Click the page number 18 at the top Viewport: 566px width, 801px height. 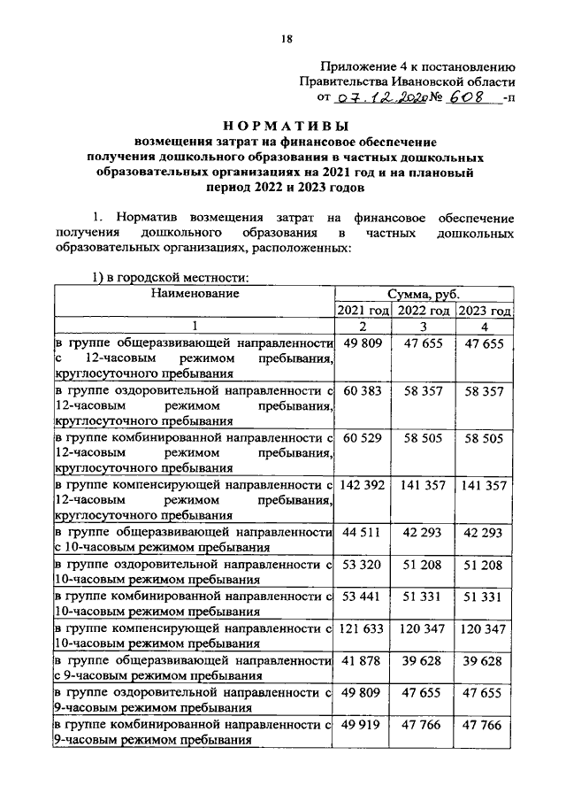pos(286,37)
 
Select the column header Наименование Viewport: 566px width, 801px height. pos(195,293)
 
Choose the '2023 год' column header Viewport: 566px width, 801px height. pos(485,312)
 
